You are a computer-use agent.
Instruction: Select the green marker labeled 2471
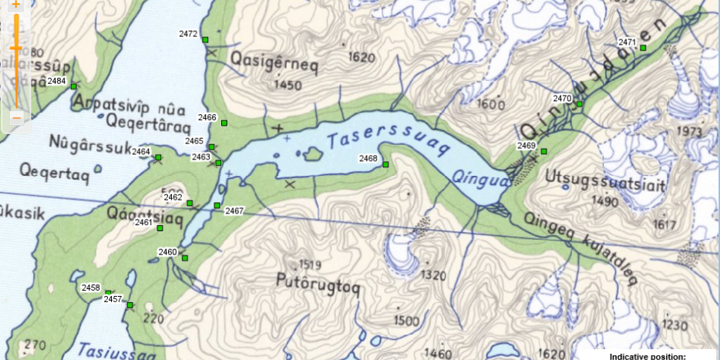tap(643, 48)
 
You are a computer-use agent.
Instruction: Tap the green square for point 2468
tap(385, 163)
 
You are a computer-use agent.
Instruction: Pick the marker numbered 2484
tap(74, 86)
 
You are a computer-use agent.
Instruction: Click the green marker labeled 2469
tap(543, 150)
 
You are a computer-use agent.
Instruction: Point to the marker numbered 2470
tap(579, 103)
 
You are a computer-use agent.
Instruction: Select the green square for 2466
tap(224, 123)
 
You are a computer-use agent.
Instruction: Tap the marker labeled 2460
tap(185, 257)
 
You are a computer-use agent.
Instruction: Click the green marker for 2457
tap(130, 305)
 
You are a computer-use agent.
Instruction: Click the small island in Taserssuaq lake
tap(312, 154)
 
